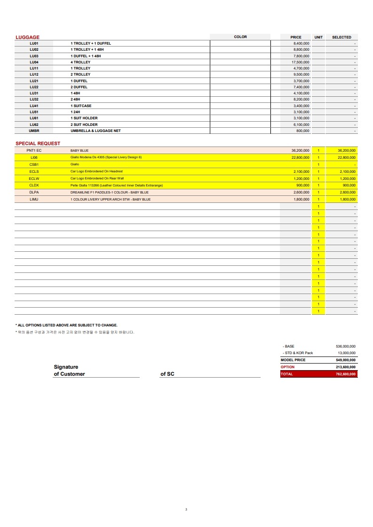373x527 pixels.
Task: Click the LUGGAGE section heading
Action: (x=27, y=37)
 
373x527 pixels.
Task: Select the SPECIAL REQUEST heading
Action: (x=38, y=143)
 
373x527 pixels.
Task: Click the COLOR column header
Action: (x=240, y=37)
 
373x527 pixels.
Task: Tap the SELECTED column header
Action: (x=341, y=37)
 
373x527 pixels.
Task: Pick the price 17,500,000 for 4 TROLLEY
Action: (x=300, y=62)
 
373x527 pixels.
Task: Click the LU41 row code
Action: (x=34, y=106)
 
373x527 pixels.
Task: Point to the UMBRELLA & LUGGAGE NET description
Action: (x=95, y=131)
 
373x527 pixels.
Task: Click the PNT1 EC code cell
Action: (x=34, y=150)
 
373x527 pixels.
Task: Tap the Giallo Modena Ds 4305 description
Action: (x=106, y=157)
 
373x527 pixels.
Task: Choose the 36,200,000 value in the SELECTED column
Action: (x=347, y=150)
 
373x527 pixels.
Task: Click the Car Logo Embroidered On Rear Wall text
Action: (x=97, y=178)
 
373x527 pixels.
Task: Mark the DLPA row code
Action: (x=34, y=192)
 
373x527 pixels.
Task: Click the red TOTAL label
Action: (x=286, y=374)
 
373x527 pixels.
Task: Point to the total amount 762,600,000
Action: (x=346, y=374)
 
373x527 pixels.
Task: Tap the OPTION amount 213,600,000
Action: (x=346, y=367)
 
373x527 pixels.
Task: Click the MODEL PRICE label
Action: (x=293, y=360)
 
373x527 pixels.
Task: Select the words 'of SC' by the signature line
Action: (x=167, y=374)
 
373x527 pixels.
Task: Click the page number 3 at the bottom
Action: (x=186, y=509)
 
